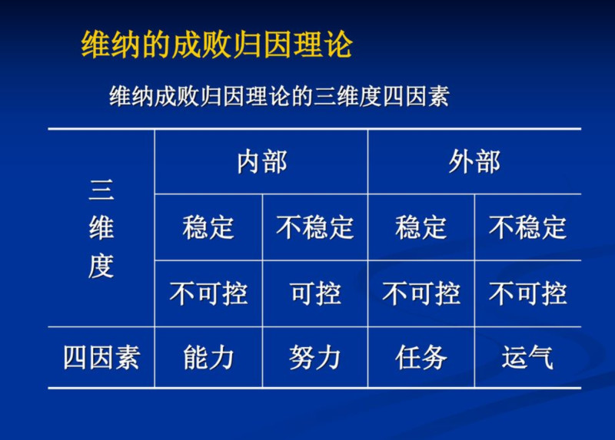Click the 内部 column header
261,162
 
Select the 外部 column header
474,162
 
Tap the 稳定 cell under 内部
208,227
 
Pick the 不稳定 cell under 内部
315,227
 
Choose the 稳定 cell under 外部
421,227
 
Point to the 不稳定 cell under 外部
527,227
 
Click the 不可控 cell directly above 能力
208,293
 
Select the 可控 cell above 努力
315,293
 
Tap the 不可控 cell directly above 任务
421,293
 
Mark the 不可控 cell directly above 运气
527,293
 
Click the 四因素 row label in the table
101,358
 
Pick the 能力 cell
208,358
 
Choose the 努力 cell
315,358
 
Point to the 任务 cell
421,358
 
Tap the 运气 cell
527,358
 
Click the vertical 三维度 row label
101,228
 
